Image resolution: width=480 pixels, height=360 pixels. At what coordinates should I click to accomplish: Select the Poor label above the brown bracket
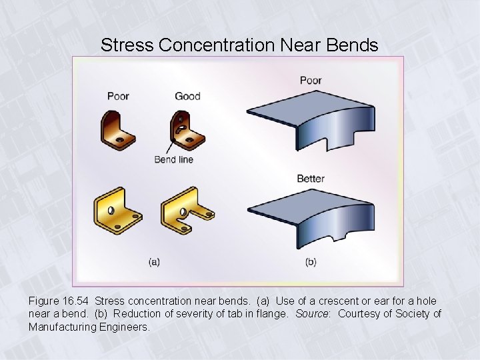click(x=118, y=96)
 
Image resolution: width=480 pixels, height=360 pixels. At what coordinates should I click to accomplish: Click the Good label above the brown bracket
click(x=187, y=96)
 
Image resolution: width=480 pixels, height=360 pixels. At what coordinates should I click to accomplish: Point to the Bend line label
click(x=173, y=159)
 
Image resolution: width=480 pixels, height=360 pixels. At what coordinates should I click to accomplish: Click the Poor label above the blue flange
click(x=311, y=80)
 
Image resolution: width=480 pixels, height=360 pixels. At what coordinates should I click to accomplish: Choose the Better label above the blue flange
click(x=311, y=179)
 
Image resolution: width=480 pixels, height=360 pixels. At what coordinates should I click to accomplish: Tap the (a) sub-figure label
click(x=154, y=262)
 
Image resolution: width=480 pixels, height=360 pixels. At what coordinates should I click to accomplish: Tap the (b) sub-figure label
click(x=311, y=262)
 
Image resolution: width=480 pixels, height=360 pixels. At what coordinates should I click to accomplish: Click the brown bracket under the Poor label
click(x=118, y=129)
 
